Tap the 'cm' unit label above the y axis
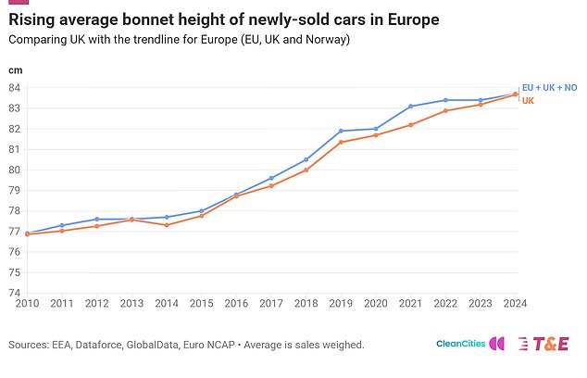[15, 70]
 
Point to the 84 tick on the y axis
[15, 88]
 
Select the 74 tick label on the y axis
[15, 293]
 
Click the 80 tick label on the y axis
[15, 170]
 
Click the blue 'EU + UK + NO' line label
[549, 87]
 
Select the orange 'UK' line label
[529, 100]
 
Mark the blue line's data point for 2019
[341, 131]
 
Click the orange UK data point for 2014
[166, 225]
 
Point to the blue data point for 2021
[410, 107]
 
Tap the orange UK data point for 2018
[306, 170]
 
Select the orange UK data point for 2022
[445, 111]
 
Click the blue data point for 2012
[96, 220]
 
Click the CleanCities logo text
[460, 344]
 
